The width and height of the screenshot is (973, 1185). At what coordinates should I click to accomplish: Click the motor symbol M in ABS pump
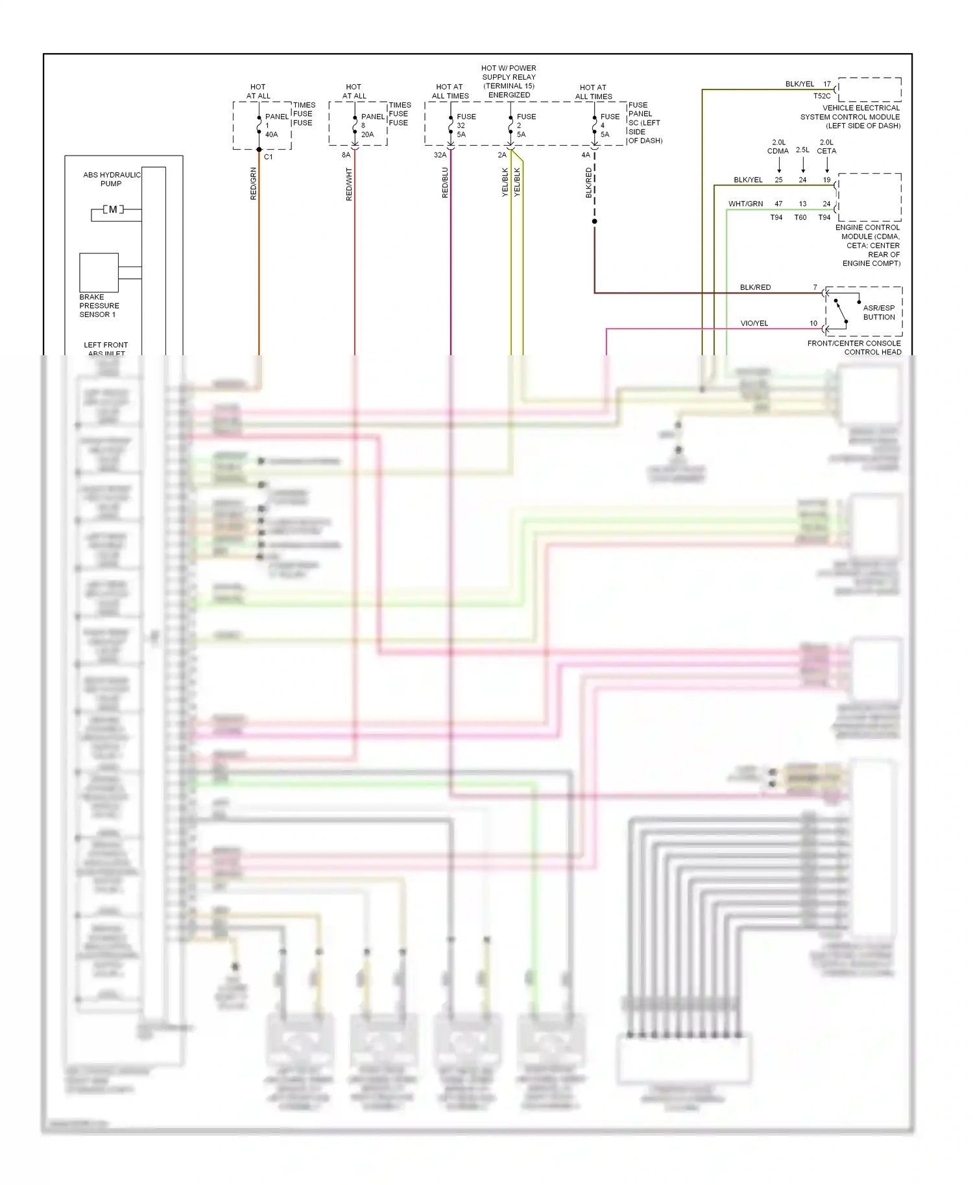pyautogui.click(x=113, y=209)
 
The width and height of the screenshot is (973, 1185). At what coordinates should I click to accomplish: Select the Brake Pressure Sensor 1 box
pyautogui.click(x=99, y=272)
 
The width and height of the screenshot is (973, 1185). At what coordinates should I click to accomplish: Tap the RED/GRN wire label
pyautogui.click(x=254, y=183)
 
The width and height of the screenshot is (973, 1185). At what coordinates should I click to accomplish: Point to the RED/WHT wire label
pyautogui.click(x=349, y=184)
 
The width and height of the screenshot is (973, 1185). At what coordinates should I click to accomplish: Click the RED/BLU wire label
pyautogui.click(x=445, y=183)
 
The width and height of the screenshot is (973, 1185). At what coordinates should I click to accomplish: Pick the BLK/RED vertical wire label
pyautogui.click(x=589, y=183)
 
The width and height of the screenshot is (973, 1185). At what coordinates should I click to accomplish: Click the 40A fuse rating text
pyautogui.click(x=271, y=135)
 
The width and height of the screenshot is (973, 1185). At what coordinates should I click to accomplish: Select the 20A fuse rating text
pyautogui.click(x=367, y=135)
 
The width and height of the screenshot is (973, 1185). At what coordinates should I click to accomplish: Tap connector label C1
pyautogui.click(x=268, y=157)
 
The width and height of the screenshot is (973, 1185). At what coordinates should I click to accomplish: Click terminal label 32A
pyautogui.click(x=440, y=155)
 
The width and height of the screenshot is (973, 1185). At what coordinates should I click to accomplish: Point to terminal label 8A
pyautogui.click(x=346, y=155)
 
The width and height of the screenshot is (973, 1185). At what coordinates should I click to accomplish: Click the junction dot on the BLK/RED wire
pyautogui.click(x=594, y=221)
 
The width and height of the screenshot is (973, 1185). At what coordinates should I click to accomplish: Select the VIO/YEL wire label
pyautogui.click(x=754, y=323)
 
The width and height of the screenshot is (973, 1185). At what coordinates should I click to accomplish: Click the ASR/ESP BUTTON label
pyautogui.click(x=878, y=312)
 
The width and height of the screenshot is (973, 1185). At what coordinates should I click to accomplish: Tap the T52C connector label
pyautogui.click(x=821, y=96)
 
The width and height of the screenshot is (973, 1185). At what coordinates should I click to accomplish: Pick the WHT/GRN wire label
pyautogui.click(x=745, y=204)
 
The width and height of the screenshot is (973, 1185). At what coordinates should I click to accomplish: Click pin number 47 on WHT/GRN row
pyautogui.click(x=778, y=204)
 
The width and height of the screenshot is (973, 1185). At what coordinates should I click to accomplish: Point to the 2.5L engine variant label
pyautogui.click(x=802, y=150)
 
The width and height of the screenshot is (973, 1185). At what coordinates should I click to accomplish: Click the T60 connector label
pyautogui.click(x=800, y=218)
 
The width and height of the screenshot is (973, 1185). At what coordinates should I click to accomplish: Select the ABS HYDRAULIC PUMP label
pyautogui.click(x=112, y=179)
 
